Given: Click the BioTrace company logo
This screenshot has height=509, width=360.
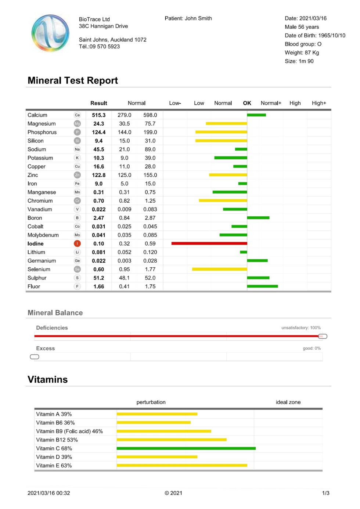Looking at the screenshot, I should click(x=50, y=33).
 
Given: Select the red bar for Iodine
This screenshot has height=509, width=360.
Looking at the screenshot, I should click(x=209, y=243).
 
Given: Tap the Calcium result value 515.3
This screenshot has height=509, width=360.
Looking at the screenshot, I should click(x=98, y=115).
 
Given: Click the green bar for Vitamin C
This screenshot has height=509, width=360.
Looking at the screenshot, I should click(x=186, y=448).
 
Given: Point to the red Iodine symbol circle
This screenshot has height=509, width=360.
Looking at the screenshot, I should click(x=77, y=243).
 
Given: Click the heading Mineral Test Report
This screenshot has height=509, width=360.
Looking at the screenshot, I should click(x=73, y=80).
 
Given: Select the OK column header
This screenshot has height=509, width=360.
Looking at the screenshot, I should click(x=247, y=103).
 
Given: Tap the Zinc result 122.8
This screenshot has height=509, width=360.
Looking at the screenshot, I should click(x=98, y=175).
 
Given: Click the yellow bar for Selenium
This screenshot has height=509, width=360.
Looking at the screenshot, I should click(x=219, y=269).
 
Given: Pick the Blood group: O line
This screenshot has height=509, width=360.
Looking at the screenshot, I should click(x=303, y=44).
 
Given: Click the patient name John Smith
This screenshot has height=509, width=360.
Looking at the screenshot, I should click(x=198, y=18).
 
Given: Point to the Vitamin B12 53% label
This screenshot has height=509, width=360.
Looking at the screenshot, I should click(x=57, y=440).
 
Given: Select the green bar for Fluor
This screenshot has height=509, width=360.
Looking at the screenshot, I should click(x=262, y=286).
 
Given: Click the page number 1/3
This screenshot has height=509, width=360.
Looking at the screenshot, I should click(x=325, y=493).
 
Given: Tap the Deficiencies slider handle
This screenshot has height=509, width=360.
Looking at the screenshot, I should click(x=323, y=336).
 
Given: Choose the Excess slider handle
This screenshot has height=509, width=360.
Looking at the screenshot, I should click(x=34, y=357).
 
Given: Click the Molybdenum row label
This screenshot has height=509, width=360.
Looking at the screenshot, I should click(x=43, y=235).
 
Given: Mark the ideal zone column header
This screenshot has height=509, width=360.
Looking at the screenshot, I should click(x=288, y=402).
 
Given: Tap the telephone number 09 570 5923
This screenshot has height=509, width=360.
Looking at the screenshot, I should click(x=105, y=47).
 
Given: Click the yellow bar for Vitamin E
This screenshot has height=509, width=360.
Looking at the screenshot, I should click(x=182, y=466).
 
